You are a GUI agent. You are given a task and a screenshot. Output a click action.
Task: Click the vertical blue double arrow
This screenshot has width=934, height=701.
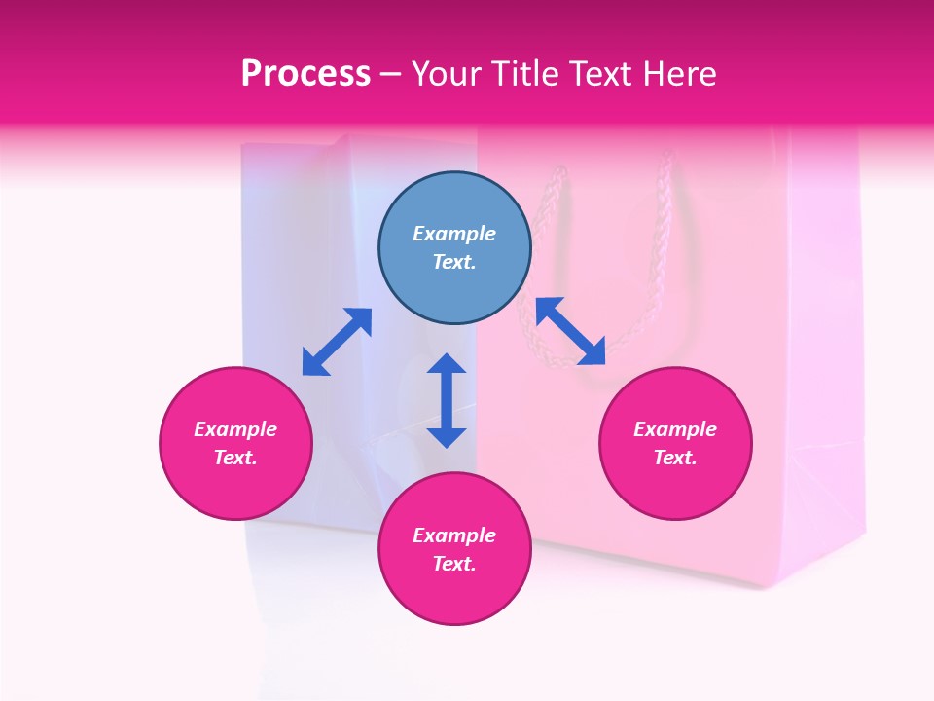[447, 400]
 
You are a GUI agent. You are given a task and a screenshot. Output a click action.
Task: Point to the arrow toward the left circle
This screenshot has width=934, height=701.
[337, 342]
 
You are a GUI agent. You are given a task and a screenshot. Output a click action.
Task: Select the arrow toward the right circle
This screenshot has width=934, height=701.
[570, 331]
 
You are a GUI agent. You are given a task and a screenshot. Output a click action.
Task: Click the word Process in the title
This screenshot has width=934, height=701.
[305, 74]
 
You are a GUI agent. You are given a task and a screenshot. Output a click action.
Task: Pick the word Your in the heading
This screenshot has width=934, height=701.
[445, 74]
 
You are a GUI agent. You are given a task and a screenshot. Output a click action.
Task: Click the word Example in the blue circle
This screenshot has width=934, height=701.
[454, 234]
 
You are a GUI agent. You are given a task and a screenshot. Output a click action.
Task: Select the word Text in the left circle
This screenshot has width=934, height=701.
[235, 458]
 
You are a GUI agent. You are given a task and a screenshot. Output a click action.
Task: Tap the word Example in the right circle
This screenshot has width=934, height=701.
[675, 429]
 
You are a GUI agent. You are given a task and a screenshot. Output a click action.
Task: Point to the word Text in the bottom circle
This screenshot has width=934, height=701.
[454, 564]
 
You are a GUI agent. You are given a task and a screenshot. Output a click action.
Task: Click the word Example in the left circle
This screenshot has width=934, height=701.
[235, 429]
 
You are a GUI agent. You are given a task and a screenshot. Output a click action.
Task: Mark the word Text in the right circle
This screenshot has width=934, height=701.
[675, 458]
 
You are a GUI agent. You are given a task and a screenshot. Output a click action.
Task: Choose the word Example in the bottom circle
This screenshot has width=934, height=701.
[454, 535]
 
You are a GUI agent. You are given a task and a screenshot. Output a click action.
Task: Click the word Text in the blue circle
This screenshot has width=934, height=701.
[454, 262]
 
